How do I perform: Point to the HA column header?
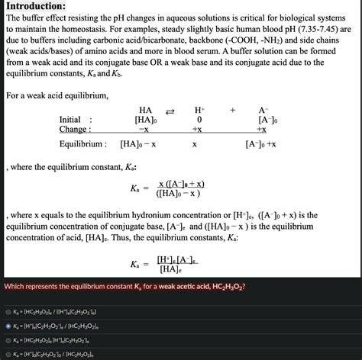(145, 110)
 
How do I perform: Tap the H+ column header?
(199, 110)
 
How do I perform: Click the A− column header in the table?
(263, 110)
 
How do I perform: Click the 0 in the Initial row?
(199, 120)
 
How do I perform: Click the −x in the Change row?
(144, 130)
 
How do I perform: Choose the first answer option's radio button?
(8, 312)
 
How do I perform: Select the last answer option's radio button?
(8, 354)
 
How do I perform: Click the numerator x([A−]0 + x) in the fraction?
(180, 184)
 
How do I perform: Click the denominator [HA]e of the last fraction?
(170, 269)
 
